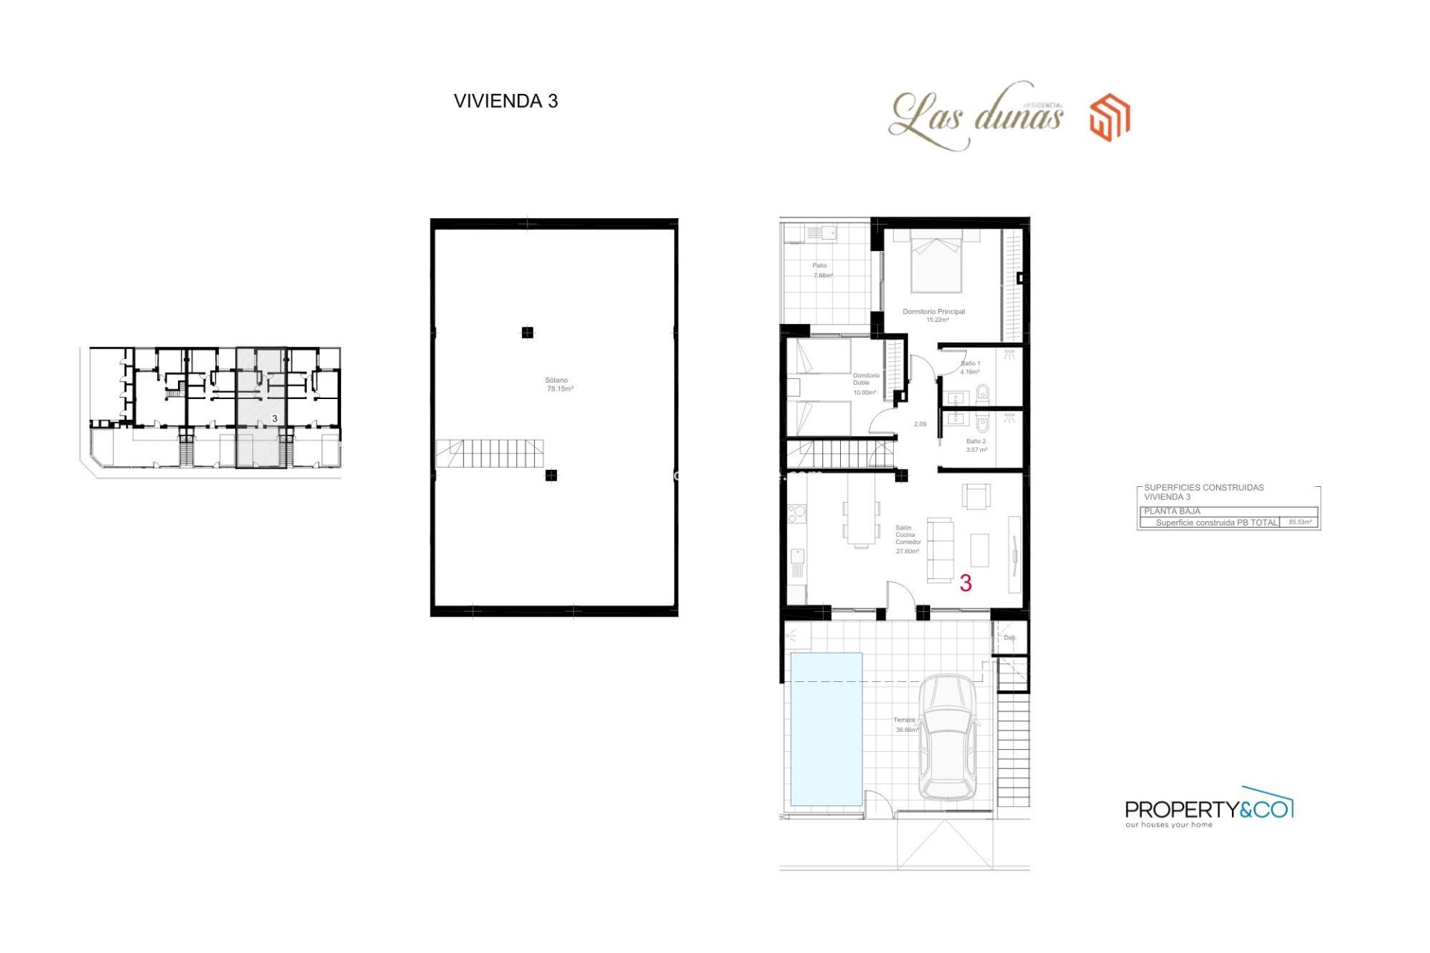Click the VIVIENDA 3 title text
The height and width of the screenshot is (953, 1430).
click(x=506, y=101)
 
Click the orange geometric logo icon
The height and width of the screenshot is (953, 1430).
click(x=1110, y=118)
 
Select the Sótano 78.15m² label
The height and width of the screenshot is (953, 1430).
click(x=559, y=384)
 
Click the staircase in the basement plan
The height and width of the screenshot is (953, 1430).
click(x=489, y=453)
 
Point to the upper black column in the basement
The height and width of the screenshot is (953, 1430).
click(x=527, y=333)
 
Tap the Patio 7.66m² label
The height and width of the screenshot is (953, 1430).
click(x=821, y=270)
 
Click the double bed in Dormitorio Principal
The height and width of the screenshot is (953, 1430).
click(x=936, y=261)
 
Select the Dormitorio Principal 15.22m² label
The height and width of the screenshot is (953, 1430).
click(x=934, y=316)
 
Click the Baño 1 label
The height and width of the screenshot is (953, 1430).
click(x=970, y=368)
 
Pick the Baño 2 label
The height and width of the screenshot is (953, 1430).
click(x=976, y=445)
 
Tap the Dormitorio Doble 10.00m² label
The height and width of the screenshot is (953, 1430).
click(x=865, y=384)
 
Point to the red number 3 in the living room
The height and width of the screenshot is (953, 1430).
click(x=965, y=583)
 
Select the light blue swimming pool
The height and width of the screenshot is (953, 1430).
click(x=826, y=730)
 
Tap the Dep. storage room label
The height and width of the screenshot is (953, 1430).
click(x=1009, y=638)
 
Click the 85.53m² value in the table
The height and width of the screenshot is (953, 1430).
click(x=1300, y=523)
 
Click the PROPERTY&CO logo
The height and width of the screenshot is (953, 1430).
click(x=1208, y=809)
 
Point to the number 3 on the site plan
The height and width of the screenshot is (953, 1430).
click(x=275, y=419)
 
